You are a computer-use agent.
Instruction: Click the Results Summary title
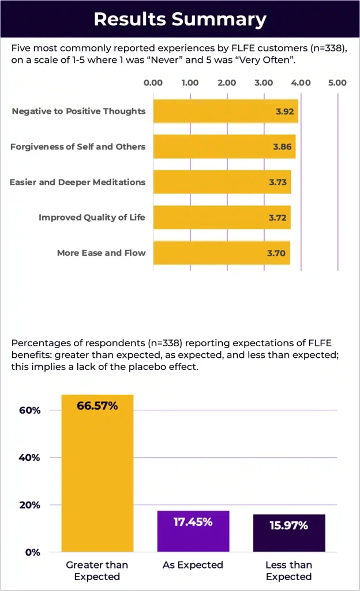[180, 19]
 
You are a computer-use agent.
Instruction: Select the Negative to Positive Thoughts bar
[225, 111]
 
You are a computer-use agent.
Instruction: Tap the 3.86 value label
[283, 147]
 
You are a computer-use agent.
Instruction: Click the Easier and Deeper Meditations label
[77, 182]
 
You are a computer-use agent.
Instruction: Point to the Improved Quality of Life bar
[222, 218]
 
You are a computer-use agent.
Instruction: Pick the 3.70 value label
[278, 253]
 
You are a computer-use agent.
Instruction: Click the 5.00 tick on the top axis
[337, 83]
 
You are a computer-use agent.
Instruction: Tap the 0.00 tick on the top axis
[153, 83]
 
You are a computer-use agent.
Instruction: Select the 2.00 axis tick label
[227, 83]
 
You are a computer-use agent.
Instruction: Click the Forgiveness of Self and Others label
[78, 147]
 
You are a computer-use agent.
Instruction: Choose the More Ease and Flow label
[101, 253]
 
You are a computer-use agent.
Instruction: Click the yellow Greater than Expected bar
[97, 473]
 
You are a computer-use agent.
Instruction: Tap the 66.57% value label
[97, 406]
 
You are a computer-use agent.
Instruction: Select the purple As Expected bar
[193, 531]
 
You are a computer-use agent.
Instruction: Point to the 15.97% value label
[288, 526]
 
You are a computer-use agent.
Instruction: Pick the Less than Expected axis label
[288, 570]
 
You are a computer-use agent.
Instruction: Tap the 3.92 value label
[286, 111]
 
